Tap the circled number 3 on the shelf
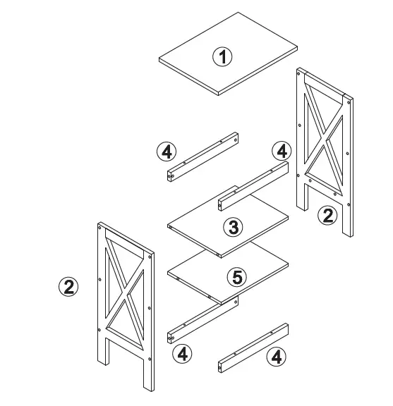(x=233, y=226)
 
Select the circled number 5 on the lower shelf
(x=236, y=277)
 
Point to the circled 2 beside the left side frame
(x=68, y=286)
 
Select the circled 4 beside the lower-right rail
(x=277, y=357)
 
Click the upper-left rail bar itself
(x=202, y=156)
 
